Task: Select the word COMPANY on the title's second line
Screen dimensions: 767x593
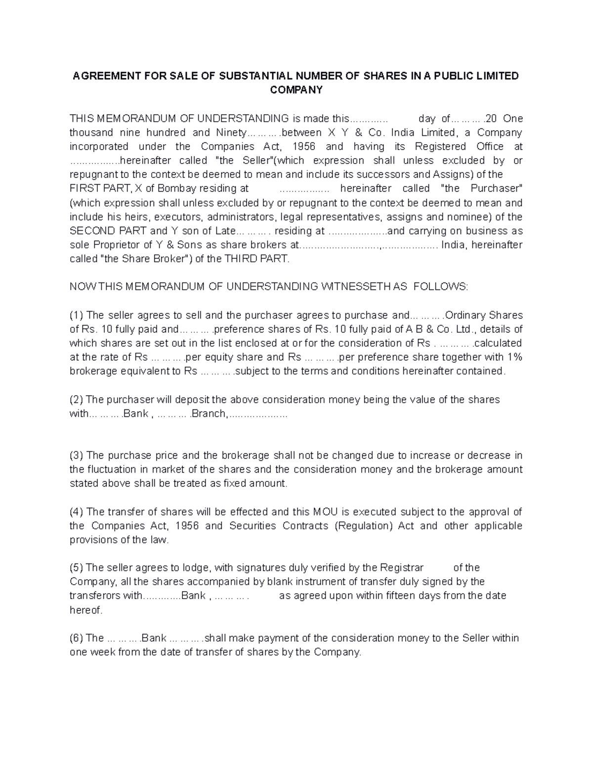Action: [296, 90]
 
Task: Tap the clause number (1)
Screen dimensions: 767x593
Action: [77, 315]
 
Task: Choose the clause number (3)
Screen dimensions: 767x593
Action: [77, 455]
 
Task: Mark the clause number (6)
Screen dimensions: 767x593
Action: [77, 638]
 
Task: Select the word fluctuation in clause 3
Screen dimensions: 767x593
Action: [110, 469]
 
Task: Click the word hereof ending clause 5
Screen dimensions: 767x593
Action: [85, 610]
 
